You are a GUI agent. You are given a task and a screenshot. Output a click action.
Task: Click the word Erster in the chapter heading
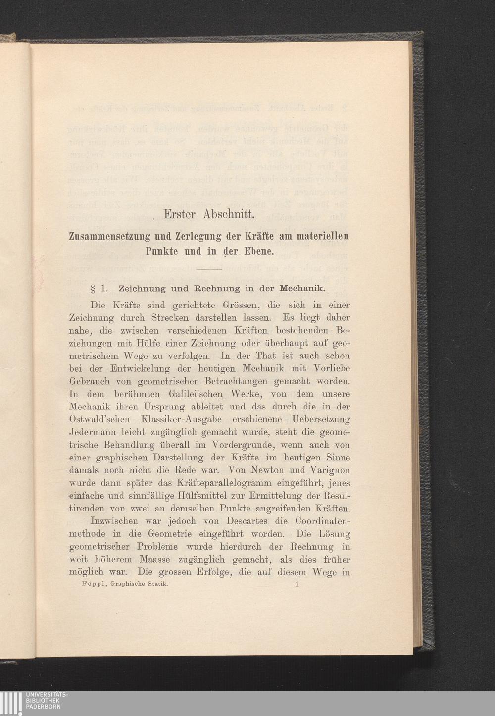click(x=180, y=215)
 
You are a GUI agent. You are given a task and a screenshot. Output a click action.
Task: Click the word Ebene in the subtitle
click(x=258, y=251)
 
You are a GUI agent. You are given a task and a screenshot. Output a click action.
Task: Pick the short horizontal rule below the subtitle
click(x=208, y=269)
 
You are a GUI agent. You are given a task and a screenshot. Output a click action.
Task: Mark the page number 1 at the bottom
click(x=297, y=584)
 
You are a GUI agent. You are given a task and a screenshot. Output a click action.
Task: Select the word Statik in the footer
click(x=157, y=584)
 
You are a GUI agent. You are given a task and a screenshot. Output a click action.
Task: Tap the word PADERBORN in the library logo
click(x=44, y=707)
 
